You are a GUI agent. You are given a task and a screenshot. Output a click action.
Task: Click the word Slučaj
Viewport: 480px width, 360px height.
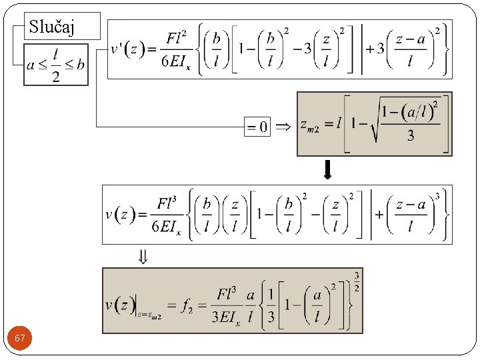click(x=52, y=27)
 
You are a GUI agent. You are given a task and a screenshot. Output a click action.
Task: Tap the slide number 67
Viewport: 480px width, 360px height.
click(x=20, y=339)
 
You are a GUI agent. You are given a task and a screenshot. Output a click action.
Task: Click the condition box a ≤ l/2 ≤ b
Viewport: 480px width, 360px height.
click(x=56, y=65)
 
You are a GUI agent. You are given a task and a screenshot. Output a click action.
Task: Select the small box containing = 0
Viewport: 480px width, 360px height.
click(x=258, y=126)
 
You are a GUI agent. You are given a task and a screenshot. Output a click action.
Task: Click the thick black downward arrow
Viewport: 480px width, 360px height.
click(x=327, y=171)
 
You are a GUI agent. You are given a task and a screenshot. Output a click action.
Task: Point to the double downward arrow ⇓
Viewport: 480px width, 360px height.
click(x=143, y=257)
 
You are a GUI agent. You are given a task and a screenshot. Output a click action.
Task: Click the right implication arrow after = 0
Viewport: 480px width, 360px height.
click(x=283, y=126)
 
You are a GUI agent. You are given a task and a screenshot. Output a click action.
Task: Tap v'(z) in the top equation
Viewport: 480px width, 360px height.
click(x=127, y=49)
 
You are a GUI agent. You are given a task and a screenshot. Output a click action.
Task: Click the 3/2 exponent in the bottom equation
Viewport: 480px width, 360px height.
click(x=357, y=281)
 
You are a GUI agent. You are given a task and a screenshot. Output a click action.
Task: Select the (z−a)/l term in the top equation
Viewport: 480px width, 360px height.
click(x=411, y=50)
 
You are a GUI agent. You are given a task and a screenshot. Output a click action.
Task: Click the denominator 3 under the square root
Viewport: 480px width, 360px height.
click(x=410, y=136)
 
